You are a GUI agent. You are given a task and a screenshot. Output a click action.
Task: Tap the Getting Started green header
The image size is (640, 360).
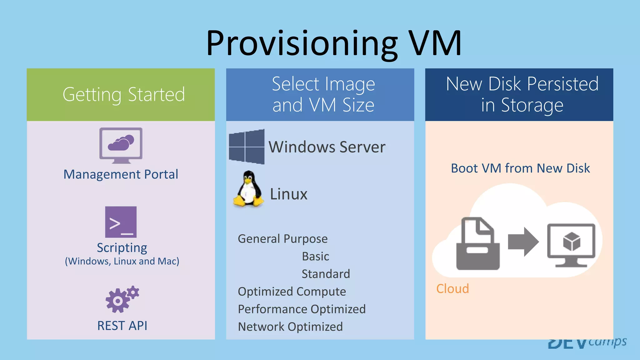pos(124,94)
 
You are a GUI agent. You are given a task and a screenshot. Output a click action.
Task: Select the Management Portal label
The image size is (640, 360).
pos(121,174)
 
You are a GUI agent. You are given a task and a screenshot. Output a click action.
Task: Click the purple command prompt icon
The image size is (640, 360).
pos(121,222)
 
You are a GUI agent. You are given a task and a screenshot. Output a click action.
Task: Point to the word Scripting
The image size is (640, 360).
pos(122,248)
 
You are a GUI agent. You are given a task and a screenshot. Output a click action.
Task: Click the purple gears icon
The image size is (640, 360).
pos(122,299)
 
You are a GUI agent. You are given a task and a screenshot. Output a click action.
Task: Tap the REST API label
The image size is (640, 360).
pos(122,326)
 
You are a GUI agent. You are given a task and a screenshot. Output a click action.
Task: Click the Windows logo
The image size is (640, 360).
pos(247,146)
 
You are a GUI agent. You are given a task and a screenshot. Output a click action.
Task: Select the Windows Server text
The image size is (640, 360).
pos(327,147)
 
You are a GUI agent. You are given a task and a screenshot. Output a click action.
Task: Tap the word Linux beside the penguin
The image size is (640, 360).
pos(288,194)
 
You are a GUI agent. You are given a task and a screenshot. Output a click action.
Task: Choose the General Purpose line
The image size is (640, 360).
pos(282,239)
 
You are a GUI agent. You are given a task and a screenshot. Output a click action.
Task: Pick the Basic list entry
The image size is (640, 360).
pos(315,256)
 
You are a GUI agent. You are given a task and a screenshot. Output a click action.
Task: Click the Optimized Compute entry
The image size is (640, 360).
pos(292,292)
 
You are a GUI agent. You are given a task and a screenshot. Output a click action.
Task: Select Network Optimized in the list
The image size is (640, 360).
pos(290,327)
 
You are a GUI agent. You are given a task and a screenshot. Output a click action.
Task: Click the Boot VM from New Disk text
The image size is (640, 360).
pos(520,168)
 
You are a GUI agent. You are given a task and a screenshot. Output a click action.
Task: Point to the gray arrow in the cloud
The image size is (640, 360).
pos(523,242)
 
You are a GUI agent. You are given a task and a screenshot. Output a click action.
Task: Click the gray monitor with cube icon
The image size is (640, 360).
pos(571,245)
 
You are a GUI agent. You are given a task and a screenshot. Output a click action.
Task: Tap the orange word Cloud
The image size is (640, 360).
pos(452,288)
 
